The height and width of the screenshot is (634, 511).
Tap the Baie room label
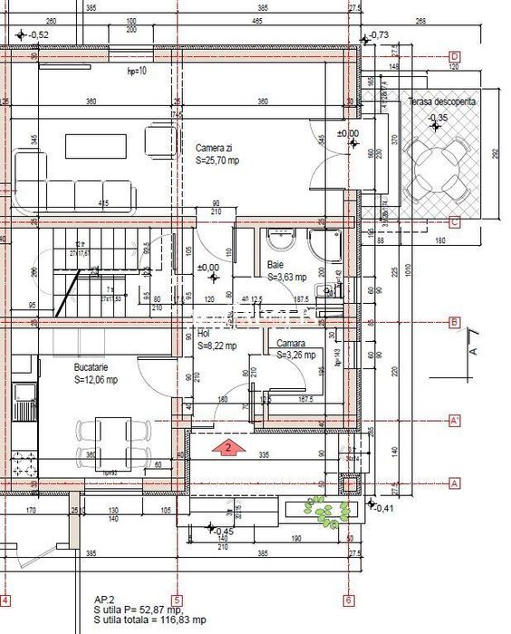click(275, 266)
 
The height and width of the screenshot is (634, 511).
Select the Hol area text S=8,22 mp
click(217, 346)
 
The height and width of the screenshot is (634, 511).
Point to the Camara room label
click(291, 344)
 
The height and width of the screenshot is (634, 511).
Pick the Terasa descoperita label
click(441, 103)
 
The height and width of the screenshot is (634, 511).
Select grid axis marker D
click(454, 55)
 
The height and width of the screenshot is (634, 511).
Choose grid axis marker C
click(454, 222)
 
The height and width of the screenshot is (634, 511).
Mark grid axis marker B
click(454, 322)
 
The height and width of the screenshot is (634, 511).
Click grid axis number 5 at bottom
click(178, 600)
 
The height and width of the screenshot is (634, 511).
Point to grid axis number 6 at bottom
click(349, 600)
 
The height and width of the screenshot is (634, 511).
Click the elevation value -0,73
click(379, 35)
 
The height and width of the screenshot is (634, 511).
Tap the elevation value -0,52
click(39, 35)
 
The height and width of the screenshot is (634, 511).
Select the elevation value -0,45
click(223, 532)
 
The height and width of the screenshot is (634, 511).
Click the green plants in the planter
click(325, 511)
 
